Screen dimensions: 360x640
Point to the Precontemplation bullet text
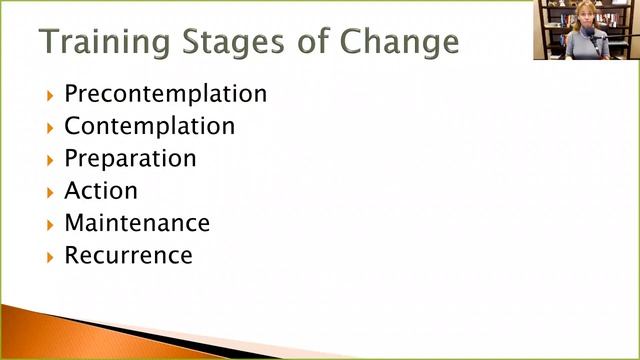(165, 94)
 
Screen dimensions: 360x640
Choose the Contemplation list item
(149, 126)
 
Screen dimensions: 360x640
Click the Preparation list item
(130, 158)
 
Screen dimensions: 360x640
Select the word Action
(101, 190)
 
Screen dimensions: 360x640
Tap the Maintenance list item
(137, 222)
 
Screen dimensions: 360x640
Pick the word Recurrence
(128, 254)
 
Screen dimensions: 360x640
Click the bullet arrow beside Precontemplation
(49, 95)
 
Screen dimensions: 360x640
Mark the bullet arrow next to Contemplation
(49, 127)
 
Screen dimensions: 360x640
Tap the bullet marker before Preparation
(49, 159)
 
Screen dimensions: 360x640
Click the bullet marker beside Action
(49, 191)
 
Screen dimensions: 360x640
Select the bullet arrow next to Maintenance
(49, 223)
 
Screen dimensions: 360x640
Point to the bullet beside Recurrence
(49, 255)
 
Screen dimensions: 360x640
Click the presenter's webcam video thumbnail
(585, 30)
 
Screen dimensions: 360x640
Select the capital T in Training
(50, 42)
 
